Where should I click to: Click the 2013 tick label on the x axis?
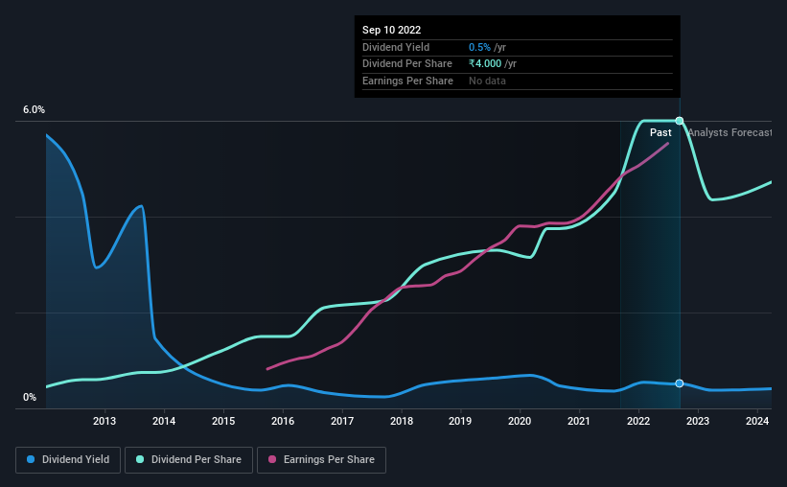tap(104, 421)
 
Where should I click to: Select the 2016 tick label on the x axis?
tap(283, 421)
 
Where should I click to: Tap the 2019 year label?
tap(460, 421)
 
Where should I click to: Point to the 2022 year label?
tap(638, 421)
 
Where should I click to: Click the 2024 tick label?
tap(757, 421)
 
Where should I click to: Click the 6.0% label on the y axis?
tap(34, 110)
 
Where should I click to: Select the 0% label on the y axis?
tap(30, 397)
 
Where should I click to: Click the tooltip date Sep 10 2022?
tap(392, 30)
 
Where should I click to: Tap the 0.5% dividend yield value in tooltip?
tap(479, 47)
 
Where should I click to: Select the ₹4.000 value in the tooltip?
tap(487, 64)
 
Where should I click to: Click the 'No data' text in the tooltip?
tap(487, 81)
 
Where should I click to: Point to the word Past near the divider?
tap(660, 132)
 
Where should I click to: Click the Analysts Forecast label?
tap(729, 132)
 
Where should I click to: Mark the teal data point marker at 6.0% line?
tap(680, 121)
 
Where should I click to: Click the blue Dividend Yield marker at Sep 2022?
tap(680, 383)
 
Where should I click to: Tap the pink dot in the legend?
tap(271, 460)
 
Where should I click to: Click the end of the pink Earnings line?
tap(668, 143)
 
